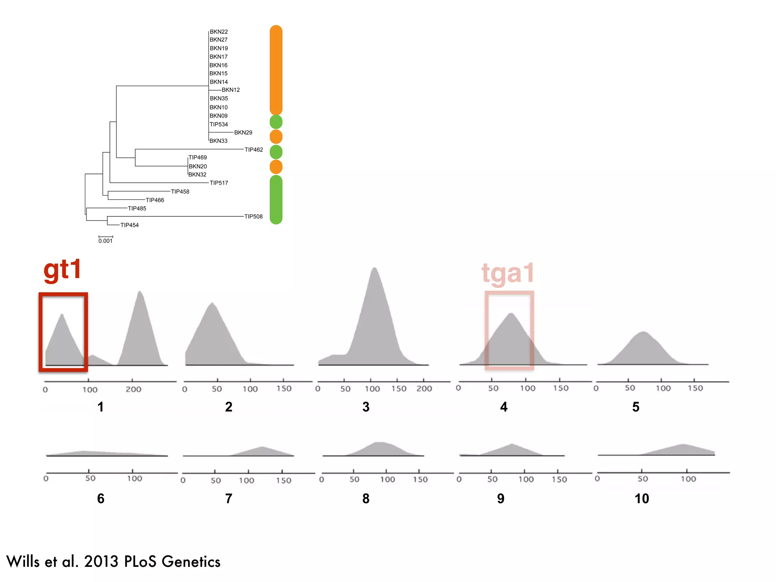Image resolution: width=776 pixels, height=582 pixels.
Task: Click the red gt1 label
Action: pos(63,270)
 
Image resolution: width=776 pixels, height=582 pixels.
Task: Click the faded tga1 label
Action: pos(508,273)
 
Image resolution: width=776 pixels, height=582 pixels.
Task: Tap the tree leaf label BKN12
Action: pos(230,90)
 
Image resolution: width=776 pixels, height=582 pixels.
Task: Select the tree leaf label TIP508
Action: pos(253,216)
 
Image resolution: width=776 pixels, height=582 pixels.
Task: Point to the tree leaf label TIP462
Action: pos(253,150)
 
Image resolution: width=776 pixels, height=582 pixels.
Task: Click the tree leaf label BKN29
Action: pos(243,133)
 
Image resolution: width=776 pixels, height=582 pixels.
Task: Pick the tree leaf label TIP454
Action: pos(129,225)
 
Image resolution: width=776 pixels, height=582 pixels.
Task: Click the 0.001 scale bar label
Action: pos(105,241)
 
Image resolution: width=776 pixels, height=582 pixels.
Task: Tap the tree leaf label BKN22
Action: pos(219,32)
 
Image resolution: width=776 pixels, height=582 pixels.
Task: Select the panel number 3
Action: pos(366,407)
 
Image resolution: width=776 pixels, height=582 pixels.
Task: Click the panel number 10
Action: pos(641,499)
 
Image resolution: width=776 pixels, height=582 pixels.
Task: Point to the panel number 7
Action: pos(228,499)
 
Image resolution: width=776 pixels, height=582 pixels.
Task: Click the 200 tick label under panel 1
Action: pos(133,389)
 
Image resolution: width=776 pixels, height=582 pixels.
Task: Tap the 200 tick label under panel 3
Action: pos(424,389)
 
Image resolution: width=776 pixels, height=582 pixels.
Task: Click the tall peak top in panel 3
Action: pos(374,268)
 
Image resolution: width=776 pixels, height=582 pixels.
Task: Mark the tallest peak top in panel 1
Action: pos(140,292)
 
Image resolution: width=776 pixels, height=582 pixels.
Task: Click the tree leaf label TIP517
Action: pos(219,183)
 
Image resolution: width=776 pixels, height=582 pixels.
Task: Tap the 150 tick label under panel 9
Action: pos(559,479)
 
